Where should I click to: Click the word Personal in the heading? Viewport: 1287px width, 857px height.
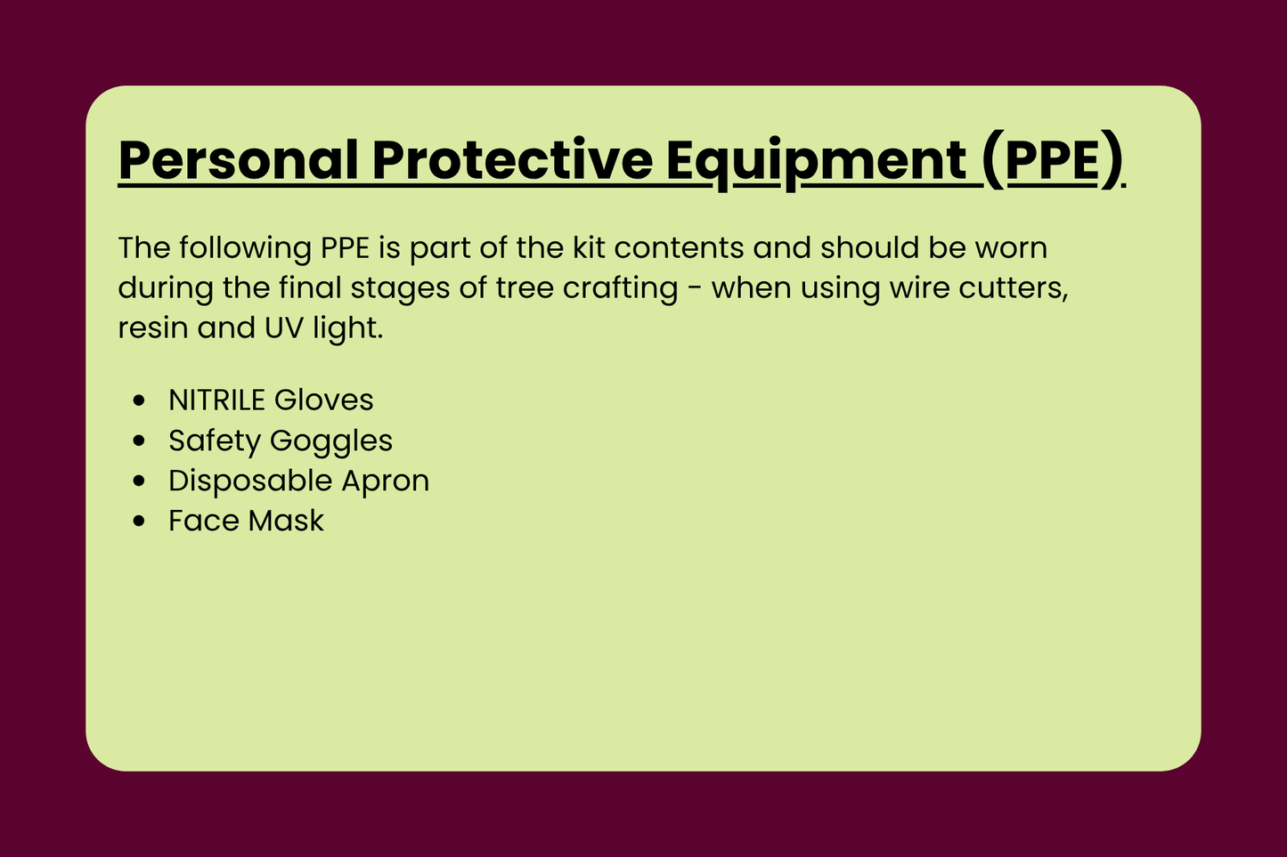[x=239, y=160]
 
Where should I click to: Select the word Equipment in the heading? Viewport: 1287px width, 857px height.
[x=817, y=160]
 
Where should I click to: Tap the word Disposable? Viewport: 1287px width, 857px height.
[x=249, y=481]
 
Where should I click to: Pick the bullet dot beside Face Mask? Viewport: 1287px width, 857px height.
[x=138, y=521]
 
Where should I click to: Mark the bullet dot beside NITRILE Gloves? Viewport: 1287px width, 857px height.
[x=138, y=401]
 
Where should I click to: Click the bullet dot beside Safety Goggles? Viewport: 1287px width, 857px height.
[x=138, y=441]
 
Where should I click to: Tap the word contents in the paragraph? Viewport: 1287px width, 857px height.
[x=679, y=248]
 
